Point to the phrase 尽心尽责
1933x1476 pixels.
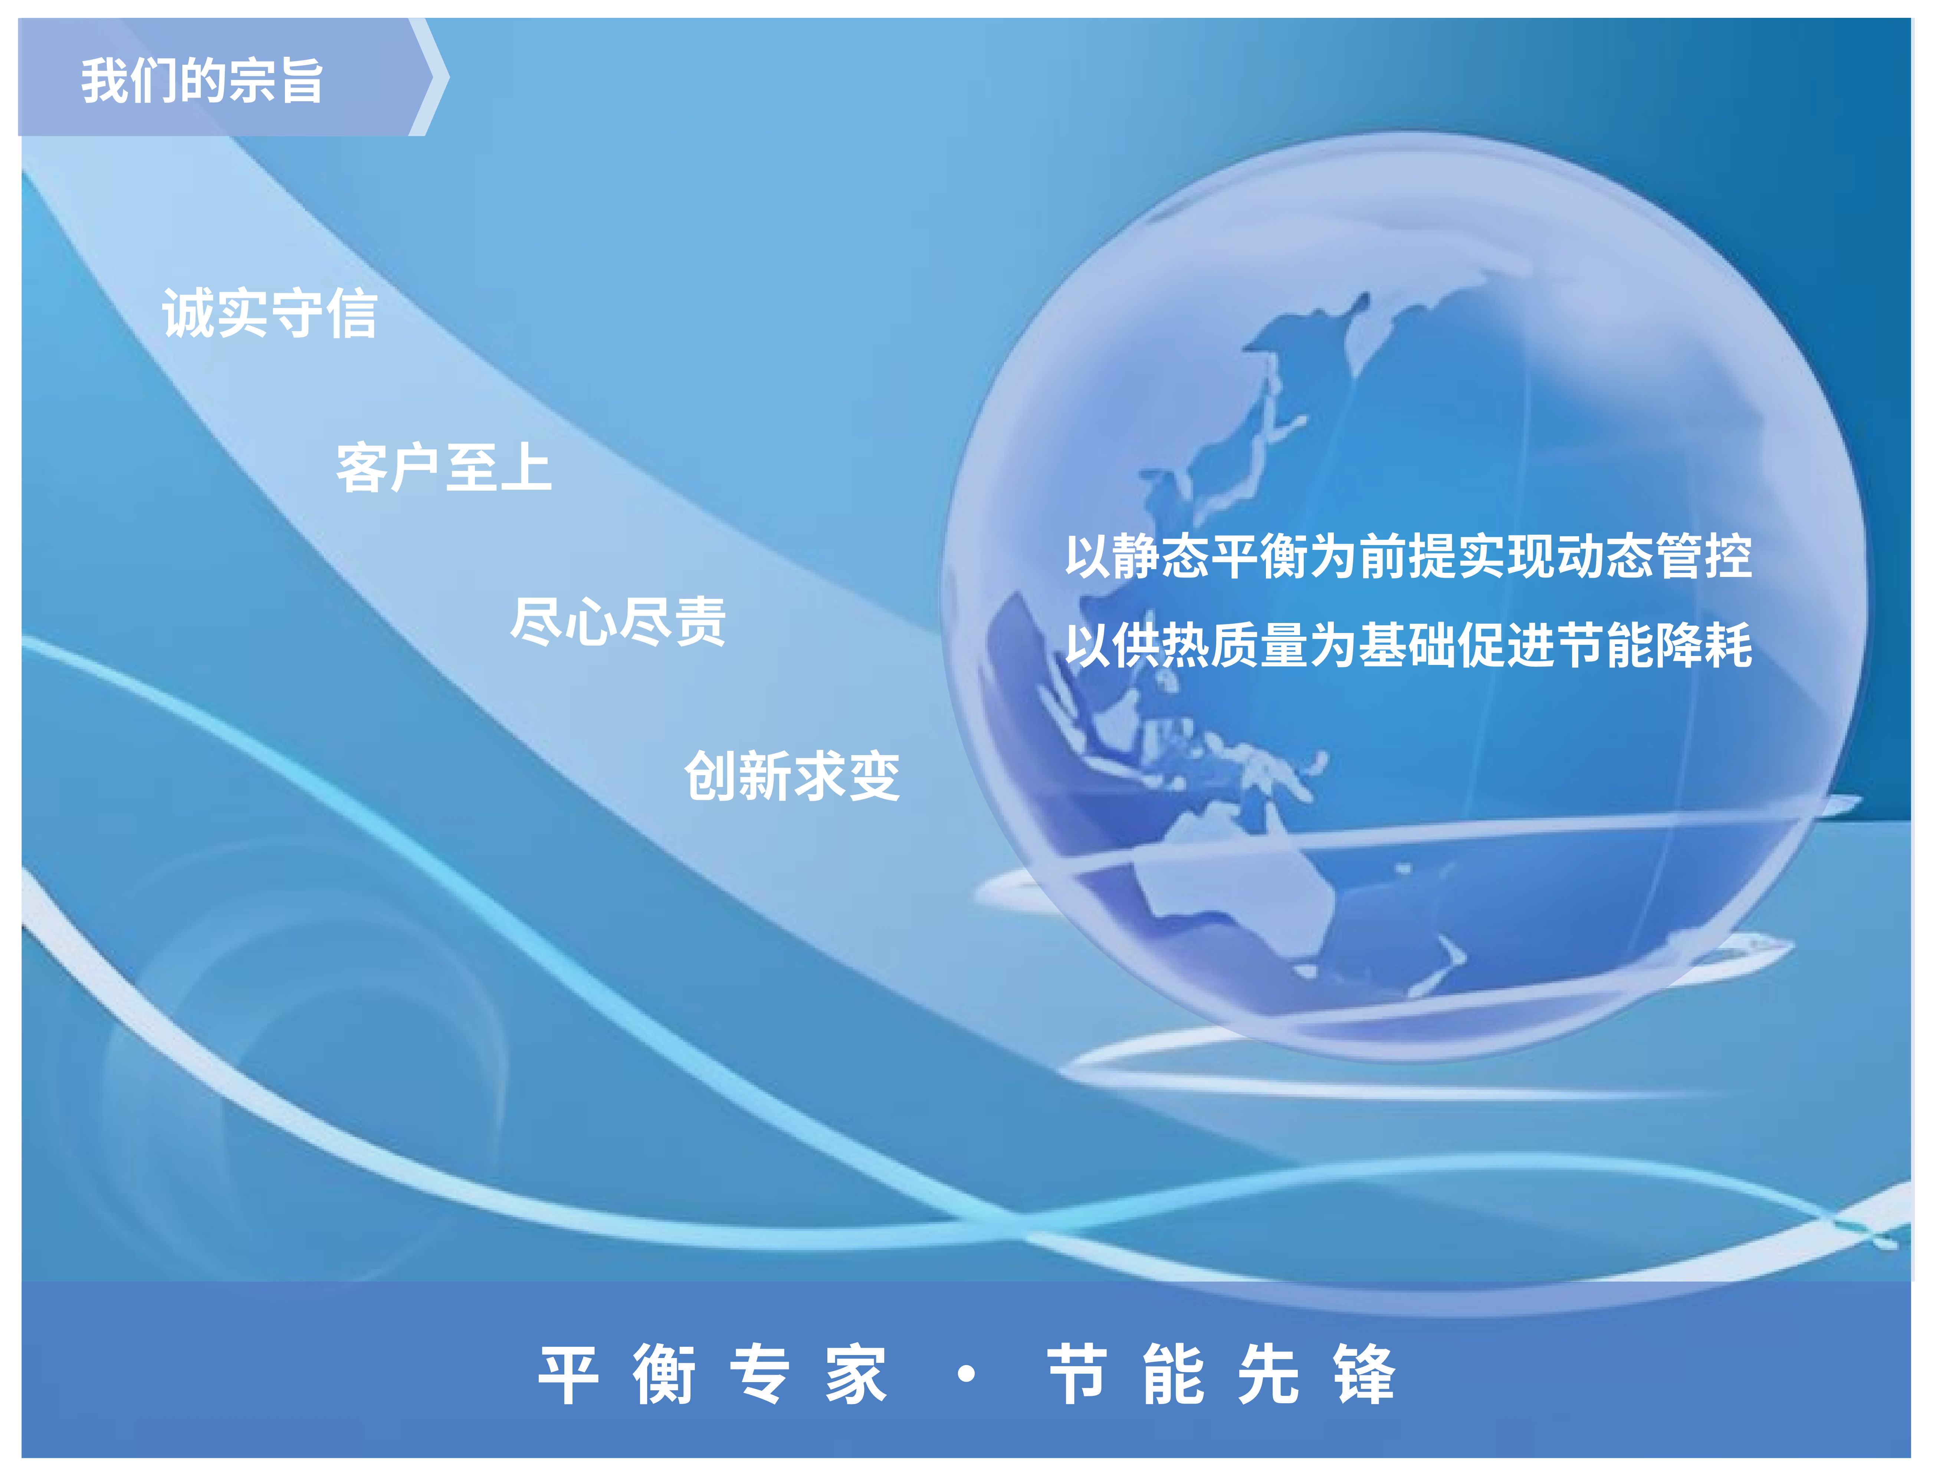(x=618, y=621)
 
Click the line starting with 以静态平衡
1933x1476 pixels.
(x=1408, y=556)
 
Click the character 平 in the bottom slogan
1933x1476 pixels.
(x=568, y=1374)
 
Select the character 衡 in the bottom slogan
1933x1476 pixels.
(x=664, y=1374)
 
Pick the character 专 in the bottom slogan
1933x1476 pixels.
(x=759, y=1374)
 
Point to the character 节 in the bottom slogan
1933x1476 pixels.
(x=1077, y=1374)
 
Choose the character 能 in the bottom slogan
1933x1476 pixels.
(x=1173, y=1374)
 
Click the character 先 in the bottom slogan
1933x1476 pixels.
(x=1268, y=1374)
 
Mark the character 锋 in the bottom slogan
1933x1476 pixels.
(x=1363, y=1374)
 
